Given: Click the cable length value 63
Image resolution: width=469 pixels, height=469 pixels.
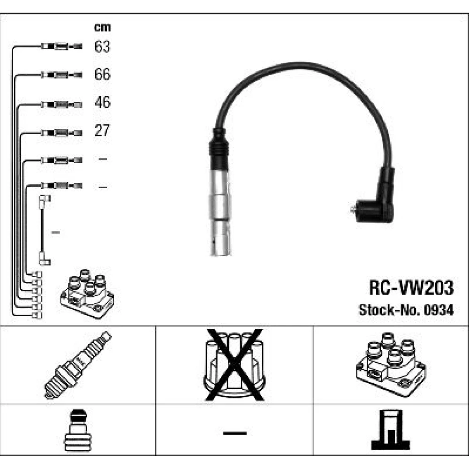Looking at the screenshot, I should pyautogui.click(x=102, y=47).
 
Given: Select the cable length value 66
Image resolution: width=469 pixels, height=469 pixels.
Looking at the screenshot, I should pyautogui.click(x=102, y=75).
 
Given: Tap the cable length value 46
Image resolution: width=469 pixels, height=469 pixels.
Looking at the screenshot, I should pyautogui.click(x=102, y=102).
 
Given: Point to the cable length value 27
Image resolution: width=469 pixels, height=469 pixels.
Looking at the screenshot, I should pyautogui.click(x=102, y=130).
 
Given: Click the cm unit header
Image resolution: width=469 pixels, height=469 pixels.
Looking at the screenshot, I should pyautogui.click(x=102, y=28).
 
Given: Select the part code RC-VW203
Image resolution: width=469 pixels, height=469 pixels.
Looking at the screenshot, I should pyautogui.click(x=411, y=288).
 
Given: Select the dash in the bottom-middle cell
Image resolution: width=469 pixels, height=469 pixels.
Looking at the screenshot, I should pyautogui.click(x=234, y=432).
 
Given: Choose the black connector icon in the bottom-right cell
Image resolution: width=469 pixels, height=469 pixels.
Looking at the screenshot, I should pyautogui.click(x=390, y=430).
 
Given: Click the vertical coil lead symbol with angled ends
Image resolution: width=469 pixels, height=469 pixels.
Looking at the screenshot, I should pyautogui.click(x=44, y=230).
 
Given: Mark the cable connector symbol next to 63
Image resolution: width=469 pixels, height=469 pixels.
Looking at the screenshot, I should pyautogui.click(x=61, y=47).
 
